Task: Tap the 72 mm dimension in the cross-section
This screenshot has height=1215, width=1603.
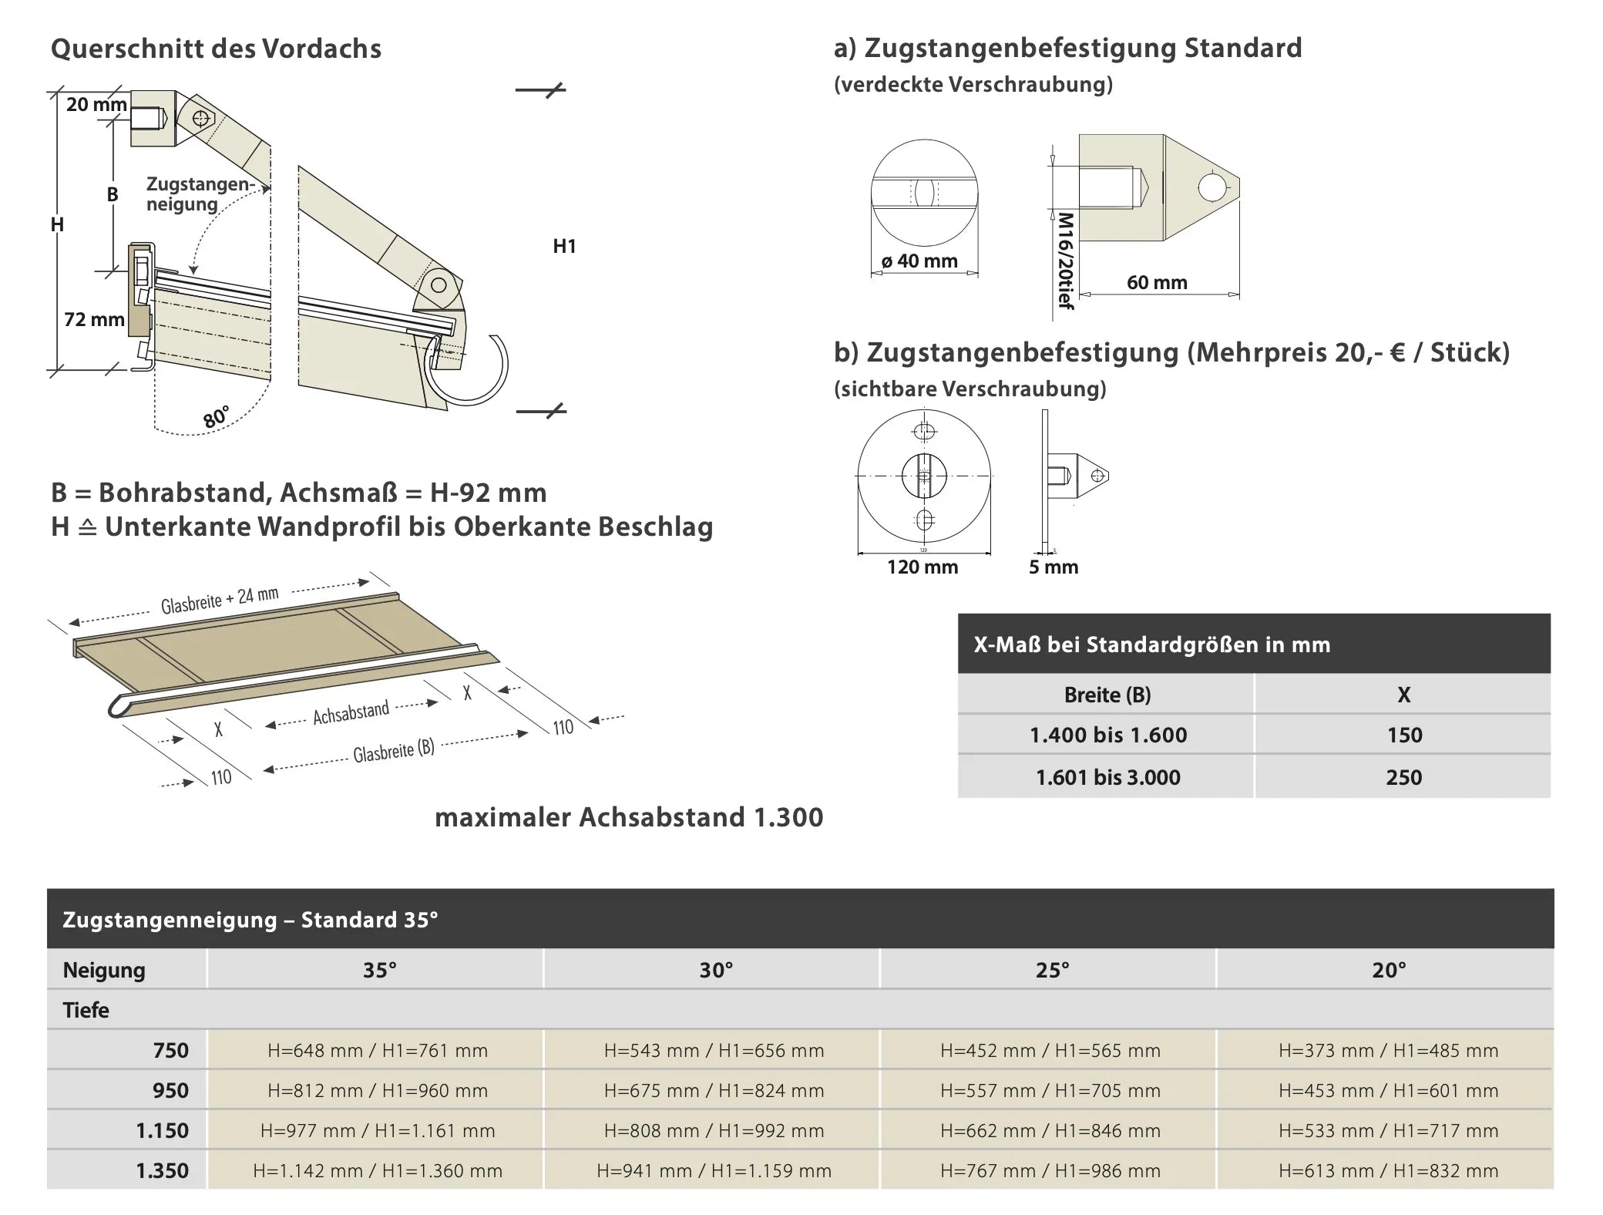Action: pos(94,319)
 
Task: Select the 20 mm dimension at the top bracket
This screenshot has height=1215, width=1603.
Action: pos(96,104)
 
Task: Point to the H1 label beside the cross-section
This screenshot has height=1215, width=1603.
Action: pos(564,247)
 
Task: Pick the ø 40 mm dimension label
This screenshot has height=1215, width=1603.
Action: pos(919,261)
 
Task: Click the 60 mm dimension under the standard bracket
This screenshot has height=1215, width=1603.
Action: pos(1157,283)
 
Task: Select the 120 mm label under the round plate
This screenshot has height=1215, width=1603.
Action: pos(922,567)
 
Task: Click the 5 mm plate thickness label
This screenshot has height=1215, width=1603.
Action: pos(1054,567)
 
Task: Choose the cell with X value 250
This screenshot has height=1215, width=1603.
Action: pos(1403,777)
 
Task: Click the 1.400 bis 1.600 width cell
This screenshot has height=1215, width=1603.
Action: pos(1107,735)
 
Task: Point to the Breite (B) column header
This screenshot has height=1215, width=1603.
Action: pos(1107,695)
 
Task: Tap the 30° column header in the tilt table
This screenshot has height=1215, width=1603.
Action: pos(716,970)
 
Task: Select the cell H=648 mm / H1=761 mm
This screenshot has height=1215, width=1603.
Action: pos(378,1050)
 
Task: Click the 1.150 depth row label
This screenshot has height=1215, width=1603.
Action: pos(162,1131)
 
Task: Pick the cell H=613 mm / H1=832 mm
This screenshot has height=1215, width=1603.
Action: pos(1388,1171)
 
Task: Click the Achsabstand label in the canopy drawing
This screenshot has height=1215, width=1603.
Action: pos(351,713)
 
